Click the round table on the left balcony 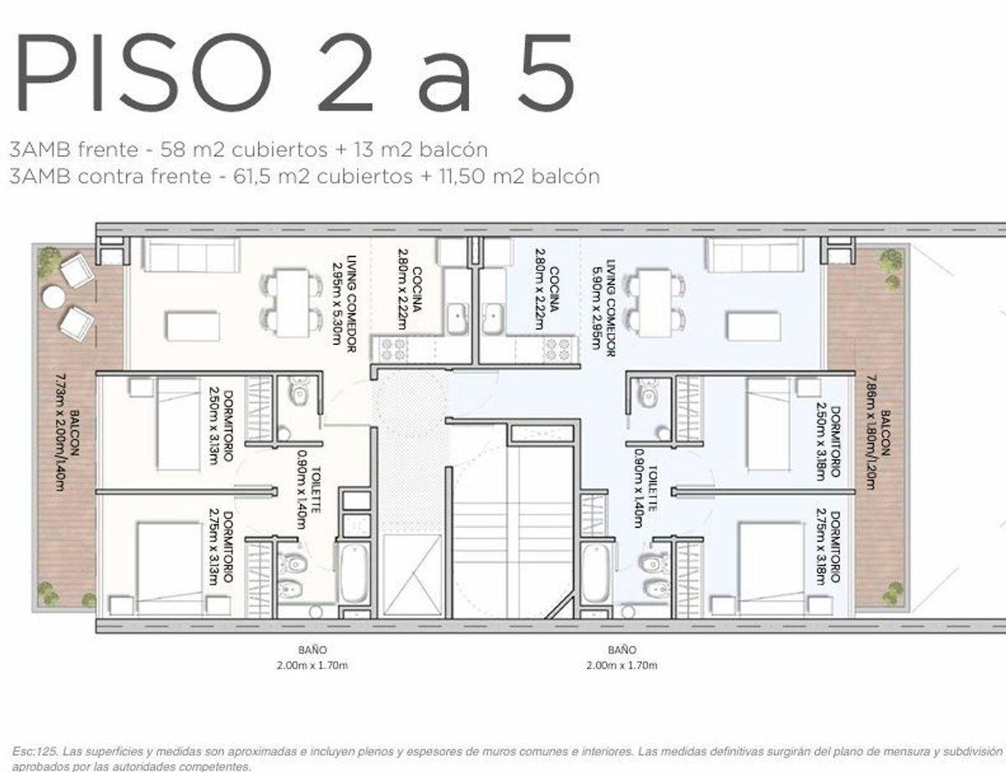[54, 296]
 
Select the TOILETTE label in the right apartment [646, 495]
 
